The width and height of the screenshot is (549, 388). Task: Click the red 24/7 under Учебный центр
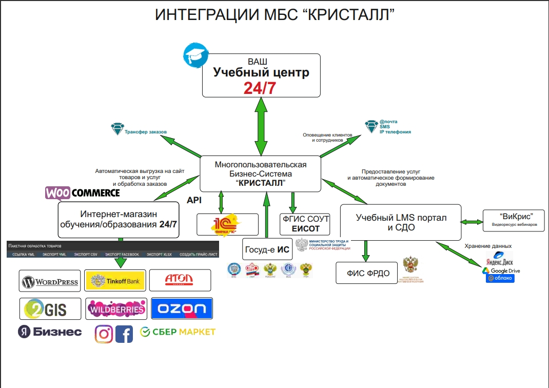[x=260, y=88]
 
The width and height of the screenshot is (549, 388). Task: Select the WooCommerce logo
[x=83, y=193]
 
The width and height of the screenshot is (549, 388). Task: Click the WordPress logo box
[x=50, y=281]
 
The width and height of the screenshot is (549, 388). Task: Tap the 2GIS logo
[x=50, y=308]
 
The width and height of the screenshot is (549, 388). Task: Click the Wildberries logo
[x=116, y=309]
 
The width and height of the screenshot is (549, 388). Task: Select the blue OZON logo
[x=182, y=308]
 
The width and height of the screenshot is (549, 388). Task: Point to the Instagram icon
[x=104, y=334]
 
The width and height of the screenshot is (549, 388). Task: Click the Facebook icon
[x=124, y=334]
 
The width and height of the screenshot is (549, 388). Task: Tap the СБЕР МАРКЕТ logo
[x=178, y=332]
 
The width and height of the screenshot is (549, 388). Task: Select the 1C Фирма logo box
[x=227, y=224]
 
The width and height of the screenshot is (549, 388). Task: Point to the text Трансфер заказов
[x=146, y=132]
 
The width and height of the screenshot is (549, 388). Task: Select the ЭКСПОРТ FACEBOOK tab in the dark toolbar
[x=122, y=255]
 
